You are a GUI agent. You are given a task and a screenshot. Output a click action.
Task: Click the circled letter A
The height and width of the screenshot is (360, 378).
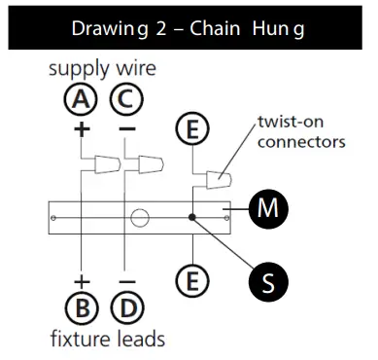pyautogui.click(x=82, y=100)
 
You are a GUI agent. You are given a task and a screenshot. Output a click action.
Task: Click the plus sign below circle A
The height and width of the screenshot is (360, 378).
pyautogui.click(x=82, y=127)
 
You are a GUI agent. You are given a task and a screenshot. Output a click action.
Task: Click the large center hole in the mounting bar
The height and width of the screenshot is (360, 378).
pyautogui.click(x=139, y=215)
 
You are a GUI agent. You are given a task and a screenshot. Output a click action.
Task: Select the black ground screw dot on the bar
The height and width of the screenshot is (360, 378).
pyautogui.click(x=194, y=216)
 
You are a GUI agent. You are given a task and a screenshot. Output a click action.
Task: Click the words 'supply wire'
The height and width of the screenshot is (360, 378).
pyautogui.click(x=103, y=71)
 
